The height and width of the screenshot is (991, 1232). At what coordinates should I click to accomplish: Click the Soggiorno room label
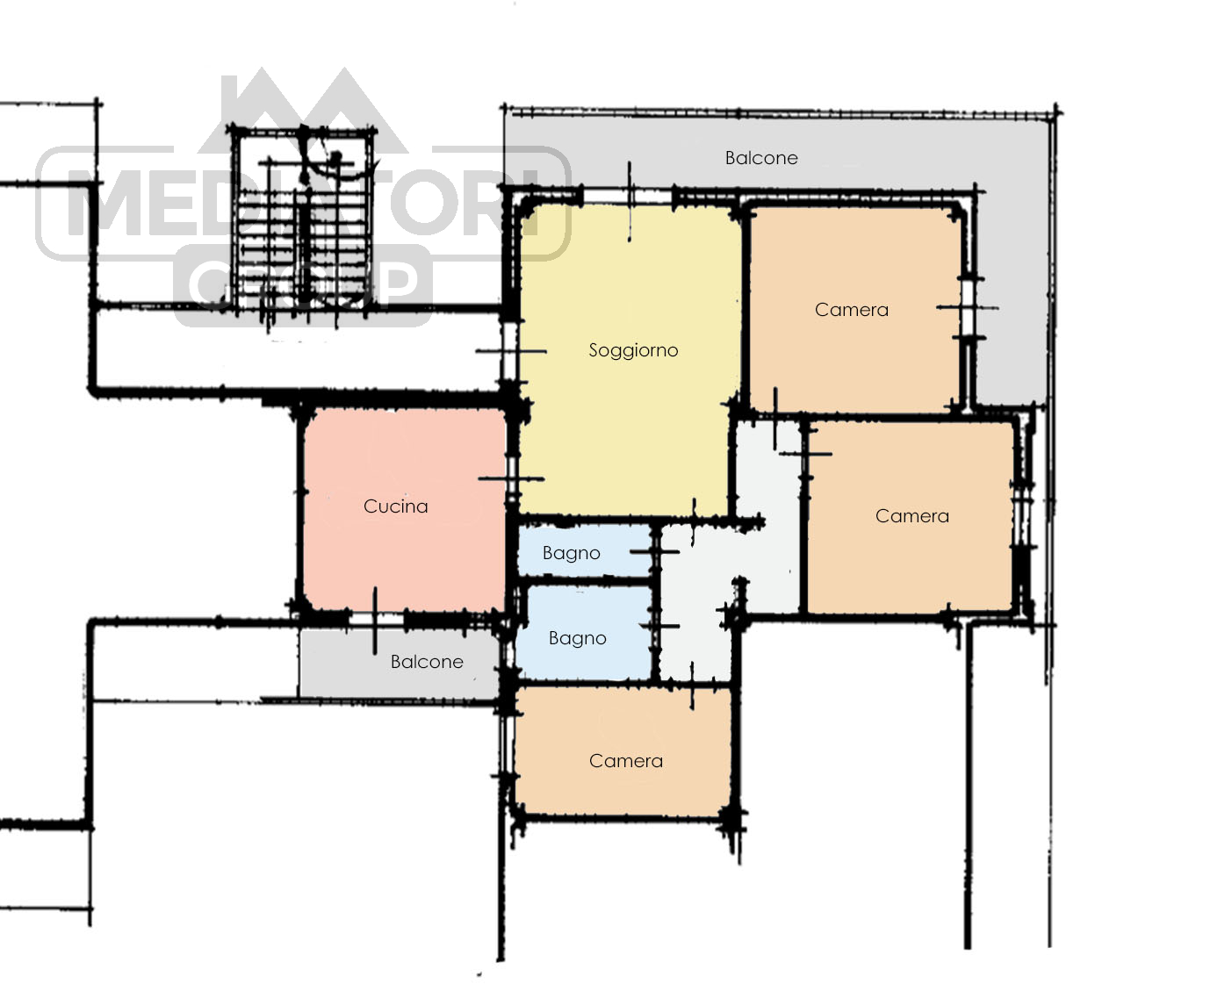tap(633, 350)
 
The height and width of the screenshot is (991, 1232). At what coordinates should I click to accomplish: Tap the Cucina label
tap(395, 506)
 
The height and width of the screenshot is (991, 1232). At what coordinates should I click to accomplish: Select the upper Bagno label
tap(572, 553)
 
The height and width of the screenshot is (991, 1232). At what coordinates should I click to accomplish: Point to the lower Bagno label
tap(577, 638)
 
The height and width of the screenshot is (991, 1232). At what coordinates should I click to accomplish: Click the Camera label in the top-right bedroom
tap(851, 310)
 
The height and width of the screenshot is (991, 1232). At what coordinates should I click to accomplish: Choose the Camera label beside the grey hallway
tap(912, 516)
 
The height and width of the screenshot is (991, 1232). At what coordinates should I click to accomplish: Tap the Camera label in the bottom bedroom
tap(626, 761)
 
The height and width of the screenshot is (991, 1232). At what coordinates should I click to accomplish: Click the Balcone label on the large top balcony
tap(761, 158)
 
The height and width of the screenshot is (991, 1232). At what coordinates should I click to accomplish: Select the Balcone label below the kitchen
tap(427, 662)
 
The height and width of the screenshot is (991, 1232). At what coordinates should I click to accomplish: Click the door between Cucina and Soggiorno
tap(512, 478)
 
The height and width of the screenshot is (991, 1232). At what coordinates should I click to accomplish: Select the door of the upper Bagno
tap(656, 551)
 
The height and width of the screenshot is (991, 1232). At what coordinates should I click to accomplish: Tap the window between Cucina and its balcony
tap(375, 619)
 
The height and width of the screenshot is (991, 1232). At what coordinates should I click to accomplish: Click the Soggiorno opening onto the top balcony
tap(629, 198)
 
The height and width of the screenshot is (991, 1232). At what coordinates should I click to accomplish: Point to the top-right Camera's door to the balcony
tap(968, 308)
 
